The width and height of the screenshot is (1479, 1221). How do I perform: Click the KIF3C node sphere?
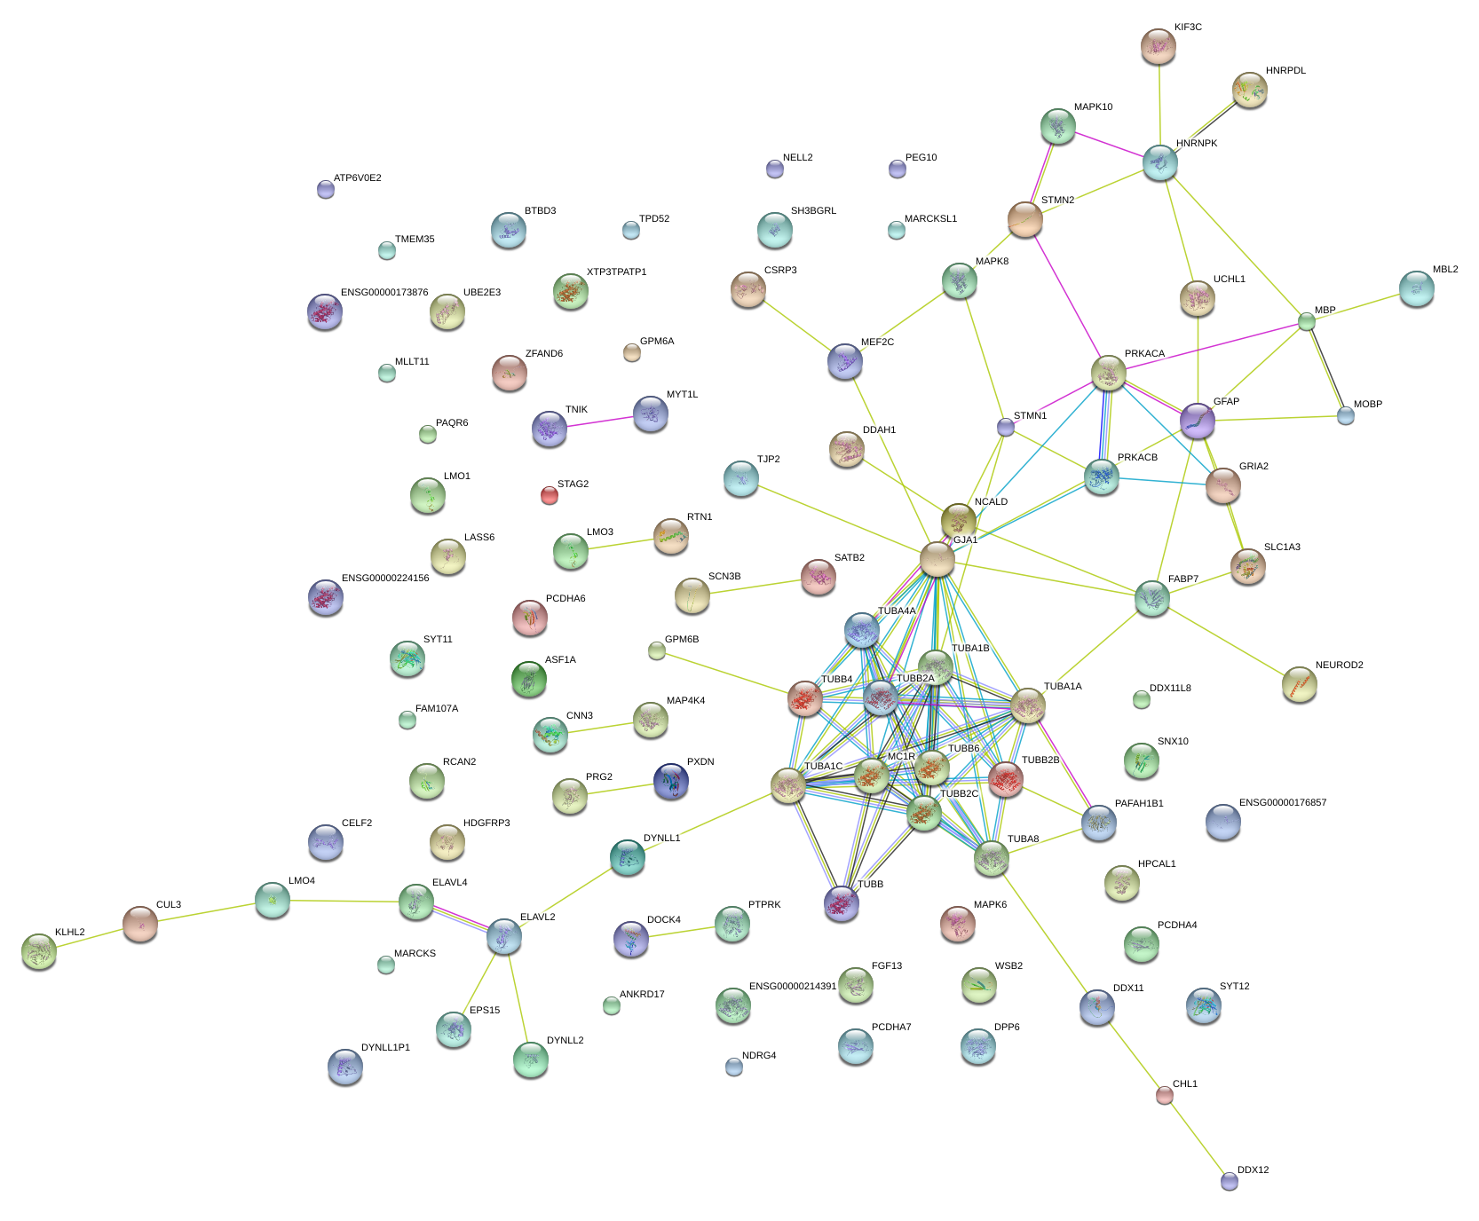coord(1158,46)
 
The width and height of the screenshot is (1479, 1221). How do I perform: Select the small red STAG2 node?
coord(550,495)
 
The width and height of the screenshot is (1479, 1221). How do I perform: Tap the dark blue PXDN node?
coord(671,781)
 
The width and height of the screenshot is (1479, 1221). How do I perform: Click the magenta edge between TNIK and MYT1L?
coord(600,421)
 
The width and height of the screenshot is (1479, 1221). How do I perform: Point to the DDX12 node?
coord(1229,1181)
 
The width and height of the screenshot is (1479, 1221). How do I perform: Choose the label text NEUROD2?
coord(1339,666)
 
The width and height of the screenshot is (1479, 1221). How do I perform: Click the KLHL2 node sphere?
coord(38,951)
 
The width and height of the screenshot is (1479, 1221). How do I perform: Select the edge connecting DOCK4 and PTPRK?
coord(682,933)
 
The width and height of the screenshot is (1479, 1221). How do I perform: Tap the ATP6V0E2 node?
coord(326,189)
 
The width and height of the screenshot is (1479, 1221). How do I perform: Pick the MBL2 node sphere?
coord(1416,288)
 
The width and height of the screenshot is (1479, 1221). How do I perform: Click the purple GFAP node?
coord(1198,421)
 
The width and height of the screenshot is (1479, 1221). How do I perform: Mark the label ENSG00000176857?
coord(1282,803)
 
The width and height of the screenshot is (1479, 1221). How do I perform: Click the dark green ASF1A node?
coord(529,680)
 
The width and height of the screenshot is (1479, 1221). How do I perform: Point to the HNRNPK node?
coord(1159,162)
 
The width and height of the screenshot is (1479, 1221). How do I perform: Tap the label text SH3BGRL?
coord(813,211)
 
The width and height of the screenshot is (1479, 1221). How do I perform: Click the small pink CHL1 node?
coord(1164,1096)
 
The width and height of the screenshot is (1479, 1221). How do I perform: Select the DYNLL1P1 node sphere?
coord(344,1067)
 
